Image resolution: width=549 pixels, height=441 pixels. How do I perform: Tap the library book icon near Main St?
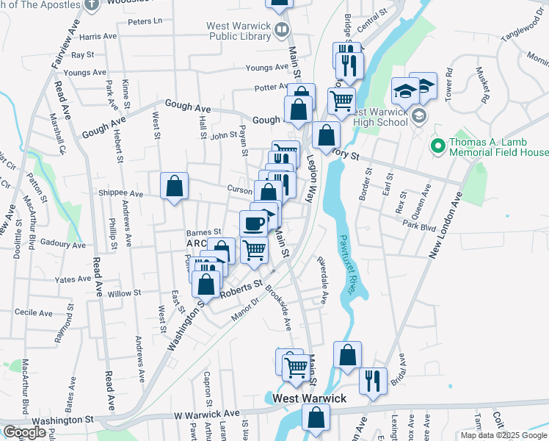pos(282,30)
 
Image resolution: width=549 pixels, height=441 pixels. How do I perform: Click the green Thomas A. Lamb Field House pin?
pos(437,146)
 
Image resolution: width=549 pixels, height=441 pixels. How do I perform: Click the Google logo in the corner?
pos(24,432)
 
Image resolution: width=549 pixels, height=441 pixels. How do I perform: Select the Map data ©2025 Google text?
pos(503,435)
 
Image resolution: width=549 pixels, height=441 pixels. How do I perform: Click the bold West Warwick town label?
pos(309,398)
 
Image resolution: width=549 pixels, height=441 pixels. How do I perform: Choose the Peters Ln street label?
pos(144,22)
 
